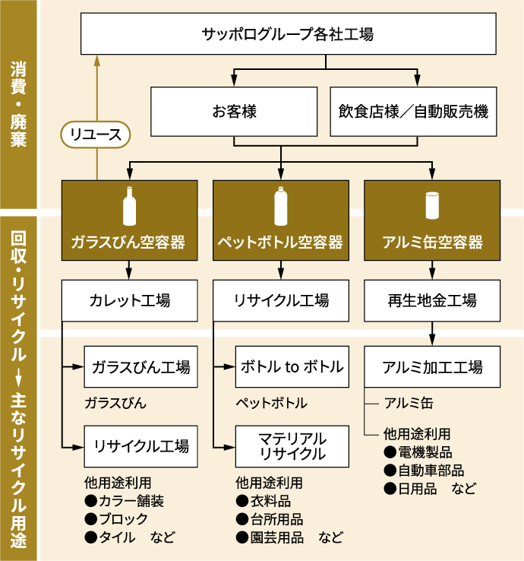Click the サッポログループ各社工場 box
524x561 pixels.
[x=287, y=34]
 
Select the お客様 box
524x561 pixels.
[x=233, y=112]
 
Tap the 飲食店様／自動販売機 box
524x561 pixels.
[x=413, y=112]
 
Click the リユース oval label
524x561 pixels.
[x=96, y=135]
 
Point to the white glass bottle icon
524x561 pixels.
[x=129, y=206]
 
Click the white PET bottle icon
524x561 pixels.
[x=281, y=206]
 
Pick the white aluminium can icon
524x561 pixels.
[x=433, y=206]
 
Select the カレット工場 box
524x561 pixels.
[x=129, y=300]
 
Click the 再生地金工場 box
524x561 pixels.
[x=432, y=300]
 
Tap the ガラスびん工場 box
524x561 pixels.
[x=140, y=366]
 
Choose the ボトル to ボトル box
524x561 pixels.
[x=292, y=366]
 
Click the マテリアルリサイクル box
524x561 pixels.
[x=292, y=446]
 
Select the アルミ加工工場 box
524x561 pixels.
[x=433, y=366]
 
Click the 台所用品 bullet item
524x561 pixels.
[x=270, y=520]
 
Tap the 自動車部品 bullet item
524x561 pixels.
[x=425, y=471]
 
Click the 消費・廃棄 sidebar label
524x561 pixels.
[x=20, y=106]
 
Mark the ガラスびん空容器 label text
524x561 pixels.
[x=129, y=242]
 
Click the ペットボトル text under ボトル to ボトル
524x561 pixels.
[x=271, y=403]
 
